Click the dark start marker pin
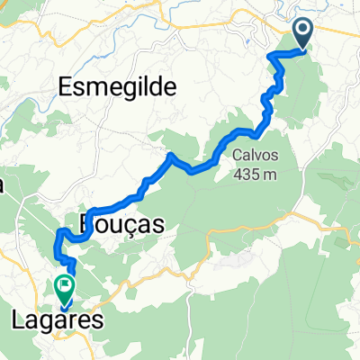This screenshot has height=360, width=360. (x=302, y=33)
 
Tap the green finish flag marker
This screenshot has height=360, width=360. (x=65, y=288)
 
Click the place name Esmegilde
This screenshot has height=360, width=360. (x=119, y=86)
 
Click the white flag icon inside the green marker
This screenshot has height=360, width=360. (x=65, y=286)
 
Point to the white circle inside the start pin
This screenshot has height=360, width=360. (x=302, y=31)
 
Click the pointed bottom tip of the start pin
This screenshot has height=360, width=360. (x=302, y=49)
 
